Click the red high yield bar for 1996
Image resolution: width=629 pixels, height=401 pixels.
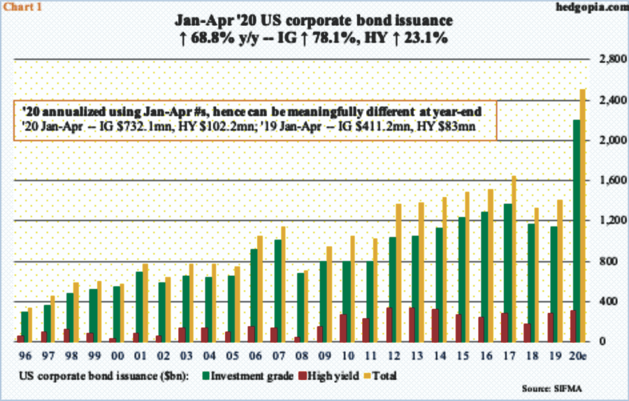20,339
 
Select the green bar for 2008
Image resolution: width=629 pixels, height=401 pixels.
301,307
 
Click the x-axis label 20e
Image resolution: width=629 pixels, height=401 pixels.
579,354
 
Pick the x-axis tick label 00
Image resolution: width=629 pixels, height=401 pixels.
120,354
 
